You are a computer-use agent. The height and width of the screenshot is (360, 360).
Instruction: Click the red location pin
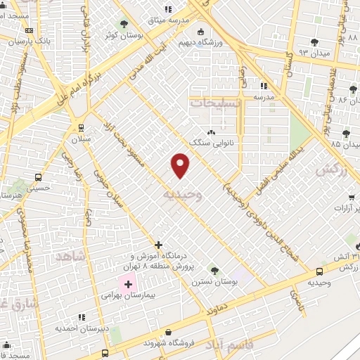click(x=181, y=165)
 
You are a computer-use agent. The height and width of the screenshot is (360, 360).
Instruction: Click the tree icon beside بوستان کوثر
click(x=124, y=24)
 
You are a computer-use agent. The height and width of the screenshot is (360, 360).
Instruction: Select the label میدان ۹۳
click(x=314, y=52)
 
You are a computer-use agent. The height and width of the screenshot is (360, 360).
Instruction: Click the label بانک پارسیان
click(x=33, y=41)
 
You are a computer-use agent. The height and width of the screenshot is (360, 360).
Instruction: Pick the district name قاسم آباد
click(x=228, y=345)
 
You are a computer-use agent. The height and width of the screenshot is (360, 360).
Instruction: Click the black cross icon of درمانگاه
click(x=159, y=245)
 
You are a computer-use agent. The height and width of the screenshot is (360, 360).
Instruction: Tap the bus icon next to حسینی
click(x=37, y=178)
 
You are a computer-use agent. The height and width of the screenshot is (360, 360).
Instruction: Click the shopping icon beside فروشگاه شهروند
click(x=167, y=332)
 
